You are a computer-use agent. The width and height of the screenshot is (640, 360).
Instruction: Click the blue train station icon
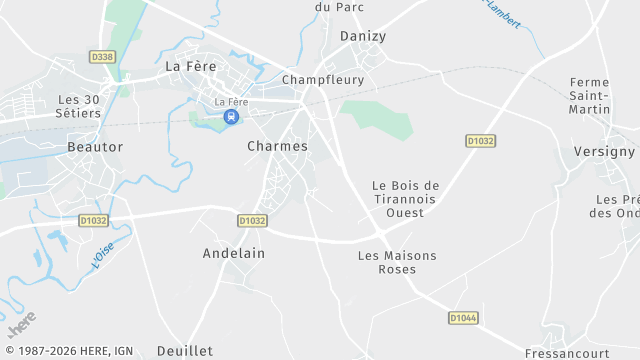coord(231,117)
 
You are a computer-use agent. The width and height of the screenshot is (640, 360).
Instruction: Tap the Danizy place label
coord(362,36)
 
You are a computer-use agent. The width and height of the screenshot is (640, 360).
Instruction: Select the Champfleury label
coord(323,79)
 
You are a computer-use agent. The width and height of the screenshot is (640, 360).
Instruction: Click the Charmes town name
coord(277,146)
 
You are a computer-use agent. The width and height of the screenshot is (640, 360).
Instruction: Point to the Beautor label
coord(95,147)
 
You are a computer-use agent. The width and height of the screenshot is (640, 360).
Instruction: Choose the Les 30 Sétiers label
coord(80,106)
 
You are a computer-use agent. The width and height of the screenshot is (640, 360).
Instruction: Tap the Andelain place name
coord(234,253)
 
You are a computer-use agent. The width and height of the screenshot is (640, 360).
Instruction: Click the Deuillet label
coord(185,351)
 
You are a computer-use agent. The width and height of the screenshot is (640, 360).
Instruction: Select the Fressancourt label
coord(566,353)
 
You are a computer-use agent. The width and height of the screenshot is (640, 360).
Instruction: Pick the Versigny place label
coord(604,151)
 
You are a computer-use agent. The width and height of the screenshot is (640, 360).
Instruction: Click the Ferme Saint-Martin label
coord(597,95)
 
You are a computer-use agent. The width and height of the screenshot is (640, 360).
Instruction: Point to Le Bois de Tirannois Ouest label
coord(405,199)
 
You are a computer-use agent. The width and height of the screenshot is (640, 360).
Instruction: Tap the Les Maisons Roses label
coord(397,263)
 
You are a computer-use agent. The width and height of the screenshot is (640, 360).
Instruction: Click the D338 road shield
coord(102,57)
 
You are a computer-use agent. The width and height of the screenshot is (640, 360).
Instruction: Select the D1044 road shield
coord(463,317)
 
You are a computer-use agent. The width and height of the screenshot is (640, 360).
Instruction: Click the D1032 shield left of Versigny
coord(481,141)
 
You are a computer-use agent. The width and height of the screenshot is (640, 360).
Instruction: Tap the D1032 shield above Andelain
coord(252,220)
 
